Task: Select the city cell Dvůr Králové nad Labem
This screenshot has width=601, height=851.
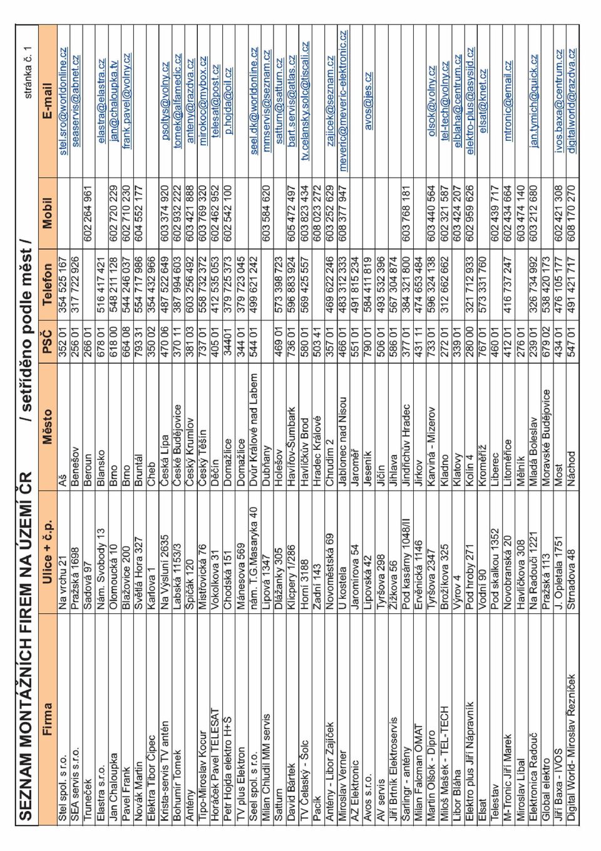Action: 254,425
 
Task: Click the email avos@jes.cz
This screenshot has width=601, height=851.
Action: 368,101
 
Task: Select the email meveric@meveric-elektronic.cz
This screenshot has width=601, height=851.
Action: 342,101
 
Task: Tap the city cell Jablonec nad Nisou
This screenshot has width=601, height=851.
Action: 342,436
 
